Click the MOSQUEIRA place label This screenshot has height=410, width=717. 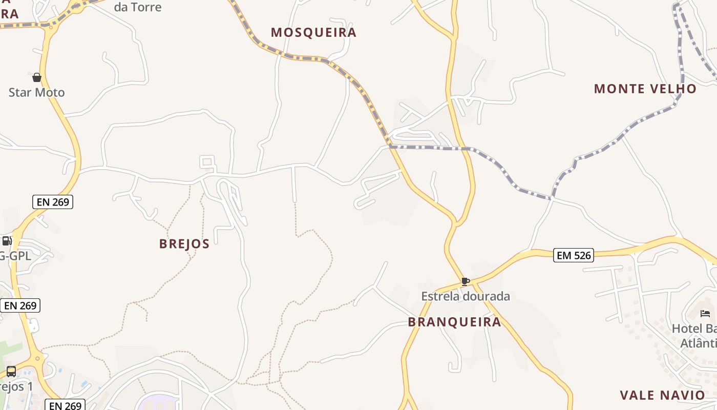[x=313, y=32]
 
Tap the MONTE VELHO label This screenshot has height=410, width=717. [x=645, y=89]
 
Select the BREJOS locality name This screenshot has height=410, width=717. [x=184, y=244]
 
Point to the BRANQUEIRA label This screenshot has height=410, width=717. [x=454, y=322]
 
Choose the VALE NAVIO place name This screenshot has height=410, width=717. [x=662, y=395]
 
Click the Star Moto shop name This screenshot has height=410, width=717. [x=37, y=93]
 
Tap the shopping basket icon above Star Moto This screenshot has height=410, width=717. [x=37, y=77]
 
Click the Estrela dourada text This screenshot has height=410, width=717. [x=466, y=296]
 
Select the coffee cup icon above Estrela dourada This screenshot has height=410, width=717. [x=465, y=281]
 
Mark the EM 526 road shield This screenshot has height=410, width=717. [x=573, y=255]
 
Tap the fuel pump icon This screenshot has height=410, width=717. [x=7, y=241]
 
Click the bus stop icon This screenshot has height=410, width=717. [x=11, y=372]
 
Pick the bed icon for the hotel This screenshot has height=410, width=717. [x=705, y=313]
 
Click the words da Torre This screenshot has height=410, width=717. [x=137, y=7]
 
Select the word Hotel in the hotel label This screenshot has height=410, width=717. [x=686, y=329]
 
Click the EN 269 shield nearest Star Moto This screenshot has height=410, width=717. [x=53, y=202]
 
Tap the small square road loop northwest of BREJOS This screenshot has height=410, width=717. [x=207, y=162]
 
